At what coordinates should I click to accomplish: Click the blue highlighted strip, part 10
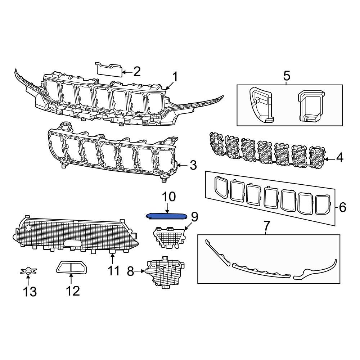166,216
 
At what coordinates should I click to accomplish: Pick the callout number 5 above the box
287,76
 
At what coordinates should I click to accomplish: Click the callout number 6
342,207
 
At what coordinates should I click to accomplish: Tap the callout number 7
266,226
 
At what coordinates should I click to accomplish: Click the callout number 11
113,270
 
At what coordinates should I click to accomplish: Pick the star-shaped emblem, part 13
28,271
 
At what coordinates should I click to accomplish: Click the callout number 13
30,291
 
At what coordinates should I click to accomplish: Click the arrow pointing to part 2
126,72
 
